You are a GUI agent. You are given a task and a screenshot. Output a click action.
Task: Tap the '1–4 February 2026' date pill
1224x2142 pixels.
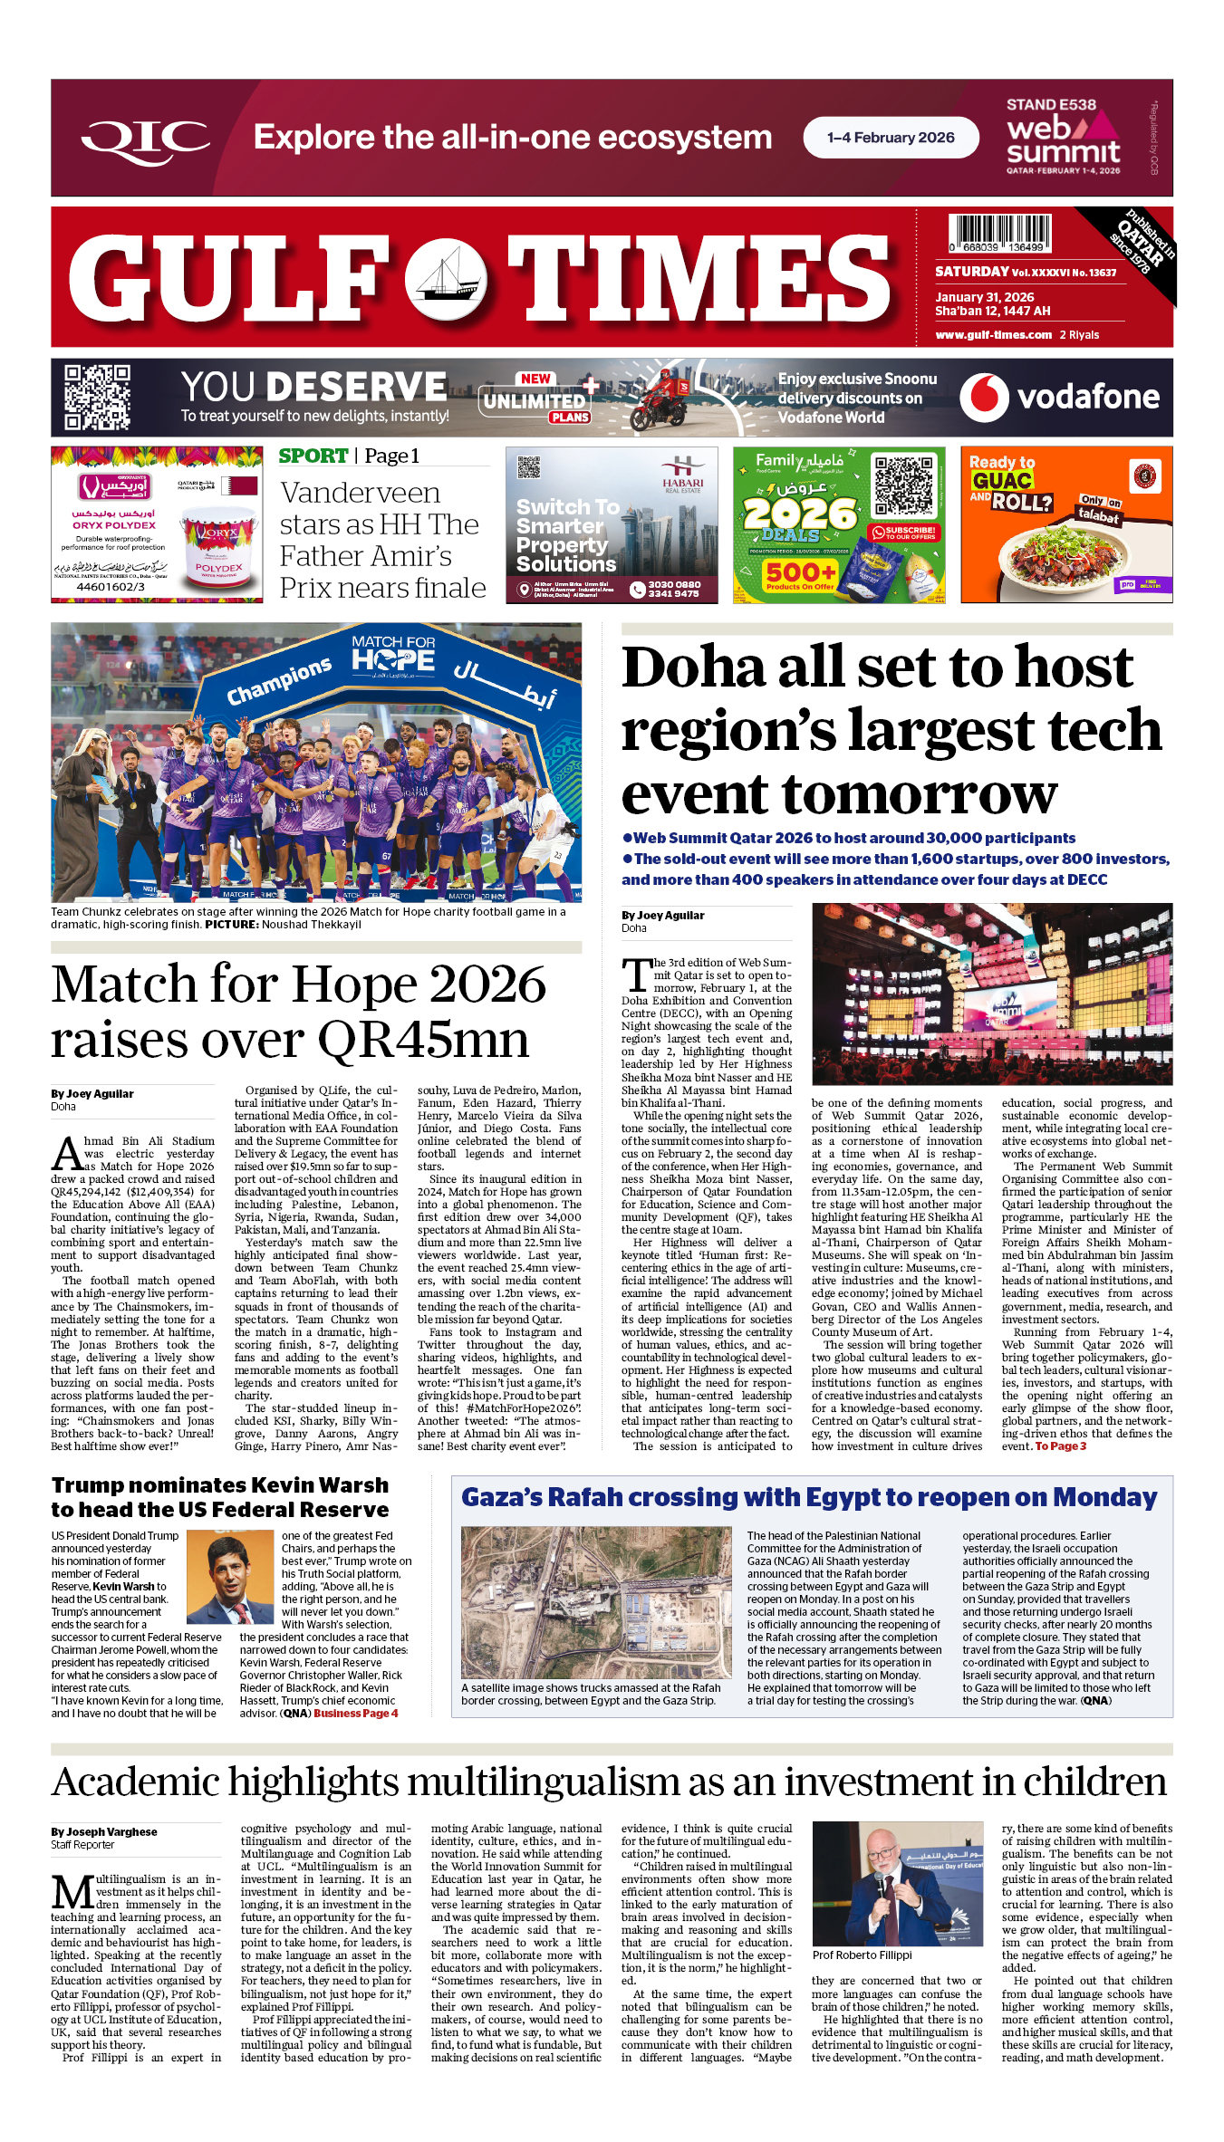(891, 138)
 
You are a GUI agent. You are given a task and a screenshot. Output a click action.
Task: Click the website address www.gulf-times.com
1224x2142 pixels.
(993, 335)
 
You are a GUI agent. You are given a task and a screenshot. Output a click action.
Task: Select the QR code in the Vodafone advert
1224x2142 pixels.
(97, 397)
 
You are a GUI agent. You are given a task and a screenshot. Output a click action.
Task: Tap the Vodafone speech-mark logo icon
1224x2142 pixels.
(984, 397)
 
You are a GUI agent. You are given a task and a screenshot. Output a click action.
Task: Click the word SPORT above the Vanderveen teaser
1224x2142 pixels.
(313, 456)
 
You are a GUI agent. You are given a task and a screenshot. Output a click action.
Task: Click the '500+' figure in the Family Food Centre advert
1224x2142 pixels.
(800, 572)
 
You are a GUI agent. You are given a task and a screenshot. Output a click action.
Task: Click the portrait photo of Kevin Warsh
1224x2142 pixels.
(230, 1577)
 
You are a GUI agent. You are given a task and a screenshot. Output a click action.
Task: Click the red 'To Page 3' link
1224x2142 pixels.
(1060, 1446)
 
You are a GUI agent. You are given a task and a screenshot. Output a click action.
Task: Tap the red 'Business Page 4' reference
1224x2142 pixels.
(355, 1714)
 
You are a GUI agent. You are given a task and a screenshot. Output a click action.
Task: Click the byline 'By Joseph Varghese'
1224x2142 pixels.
(104, 1832)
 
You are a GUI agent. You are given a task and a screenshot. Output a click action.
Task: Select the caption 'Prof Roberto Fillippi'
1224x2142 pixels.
(862, 1955)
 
